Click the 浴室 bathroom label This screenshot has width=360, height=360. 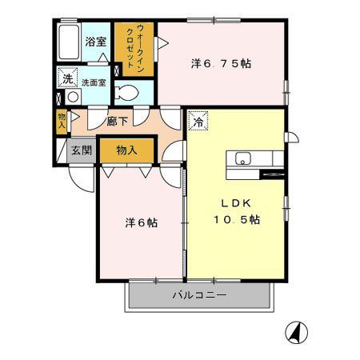tap(96, 42)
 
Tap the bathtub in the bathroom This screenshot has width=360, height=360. tap(68, 40)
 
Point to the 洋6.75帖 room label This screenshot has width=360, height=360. tap(221, 62)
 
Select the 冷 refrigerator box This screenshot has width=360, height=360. tap(198, 122)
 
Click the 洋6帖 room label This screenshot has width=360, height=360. tap(140, 222)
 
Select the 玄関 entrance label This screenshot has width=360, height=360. tap(81, 150)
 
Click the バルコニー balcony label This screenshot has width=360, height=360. tap(199, 296)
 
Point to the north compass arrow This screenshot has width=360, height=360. tap(297, 331)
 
